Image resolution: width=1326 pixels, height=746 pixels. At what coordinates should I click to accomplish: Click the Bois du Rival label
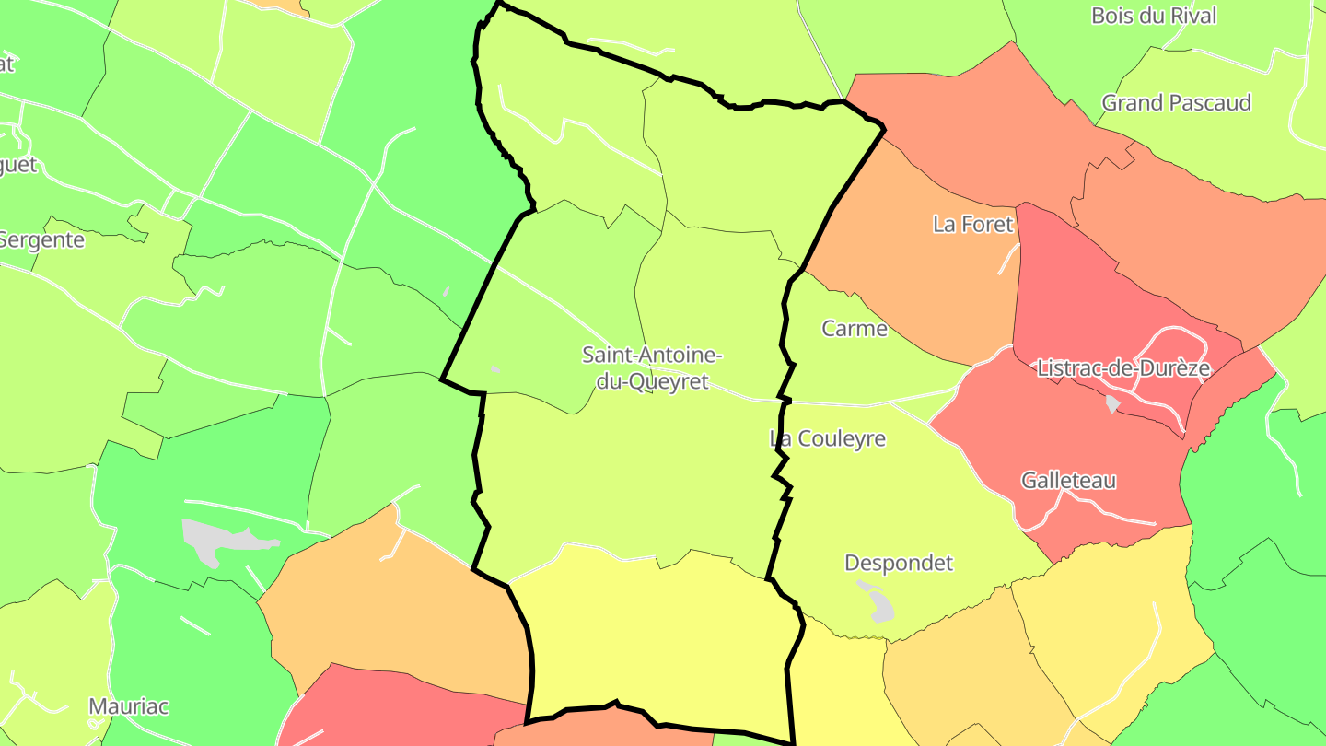point(1153,16)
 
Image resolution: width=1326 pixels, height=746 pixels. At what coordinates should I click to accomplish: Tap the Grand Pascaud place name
point(1176,102)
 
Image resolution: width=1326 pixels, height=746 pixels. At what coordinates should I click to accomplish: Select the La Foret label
point(972,224)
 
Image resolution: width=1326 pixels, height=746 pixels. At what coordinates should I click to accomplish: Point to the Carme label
point(854,329)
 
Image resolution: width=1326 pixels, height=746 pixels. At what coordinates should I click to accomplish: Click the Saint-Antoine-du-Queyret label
point(652,367)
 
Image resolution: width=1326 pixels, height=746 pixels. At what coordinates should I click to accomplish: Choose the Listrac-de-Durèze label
point(1122,368)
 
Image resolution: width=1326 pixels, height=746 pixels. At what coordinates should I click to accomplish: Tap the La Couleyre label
point(827,438)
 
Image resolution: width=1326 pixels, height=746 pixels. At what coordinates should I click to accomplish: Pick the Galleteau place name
point(1068,480)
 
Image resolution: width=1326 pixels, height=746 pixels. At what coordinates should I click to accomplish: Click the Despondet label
point(898,563)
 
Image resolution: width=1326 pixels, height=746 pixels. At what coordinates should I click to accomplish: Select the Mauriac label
point(128,706)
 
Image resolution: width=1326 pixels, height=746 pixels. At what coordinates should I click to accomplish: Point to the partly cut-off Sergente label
point(42,240)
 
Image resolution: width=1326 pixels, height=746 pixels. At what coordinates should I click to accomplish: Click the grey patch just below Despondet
point(879,602)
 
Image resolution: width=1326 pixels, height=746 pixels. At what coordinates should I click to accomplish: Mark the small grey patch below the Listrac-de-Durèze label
point(1112,404)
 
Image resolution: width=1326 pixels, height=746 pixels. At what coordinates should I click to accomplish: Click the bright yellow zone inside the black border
point(654,645)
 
